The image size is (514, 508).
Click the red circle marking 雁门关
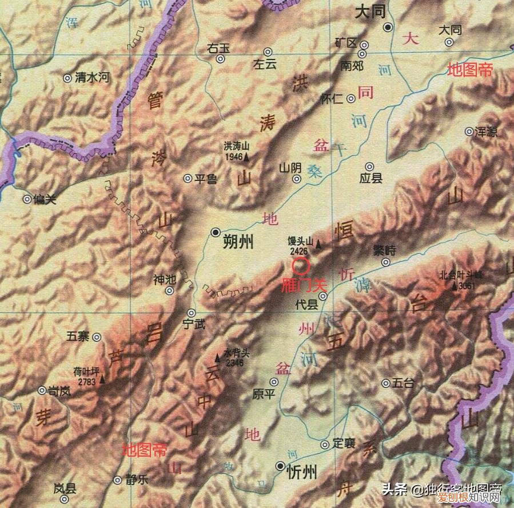[301, 266]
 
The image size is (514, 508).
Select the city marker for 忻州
[280, 466]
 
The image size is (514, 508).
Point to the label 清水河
[91, 77]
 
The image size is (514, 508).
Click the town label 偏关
[45, 200]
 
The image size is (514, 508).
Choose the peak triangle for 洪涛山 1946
[247, 156]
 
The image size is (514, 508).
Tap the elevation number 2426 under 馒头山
[298, 251]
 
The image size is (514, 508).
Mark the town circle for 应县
[370, 166]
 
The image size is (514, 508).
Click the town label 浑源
[485, 132]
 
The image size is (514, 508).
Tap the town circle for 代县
[323, 296]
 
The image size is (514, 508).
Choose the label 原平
[264, 394]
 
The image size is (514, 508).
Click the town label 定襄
[344, 443]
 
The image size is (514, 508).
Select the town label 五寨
[78, 337]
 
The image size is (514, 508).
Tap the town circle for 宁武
[192, 313]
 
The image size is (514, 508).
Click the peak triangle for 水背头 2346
[217, 358]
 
